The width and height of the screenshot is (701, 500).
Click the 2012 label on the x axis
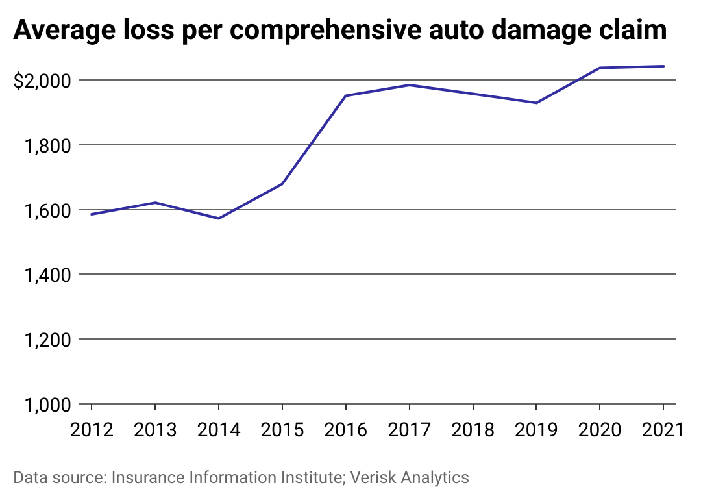tap(92, 430)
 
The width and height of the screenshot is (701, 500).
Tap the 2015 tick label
tap(282, 430)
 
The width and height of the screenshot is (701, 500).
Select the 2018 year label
tap(473, 430)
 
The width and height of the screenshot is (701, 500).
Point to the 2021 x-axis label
tap(663, 430)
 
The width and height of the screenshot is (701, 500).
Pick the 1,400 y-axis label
tap(48, 275)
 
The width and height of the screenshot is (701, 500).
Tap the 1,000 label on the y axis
tap(48, 405)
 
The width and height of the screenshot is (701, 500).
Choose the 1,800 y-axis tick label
tap(48, 146)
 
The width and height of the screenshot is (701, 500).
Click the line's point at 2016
tap(346, 95)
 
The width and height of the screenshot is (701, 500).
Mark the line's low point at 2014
tap(219, 218)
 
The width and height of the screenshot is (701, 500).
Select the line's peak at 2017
tap(410, 85)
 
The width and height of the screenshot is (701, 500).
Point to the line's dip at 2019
tap(537, 103)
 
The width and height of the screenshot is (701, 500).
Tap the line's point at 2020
tap(600, 68)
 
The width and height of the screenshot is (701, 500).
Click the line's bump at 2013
tap(155, 203)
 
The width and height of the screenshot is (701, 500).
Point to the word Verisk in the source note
tap(374, 478)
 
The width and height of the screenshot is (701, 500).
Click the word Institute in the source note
tap(309, 478)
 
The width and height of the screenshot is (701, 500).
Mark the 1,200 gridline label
tap(48, 340)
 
